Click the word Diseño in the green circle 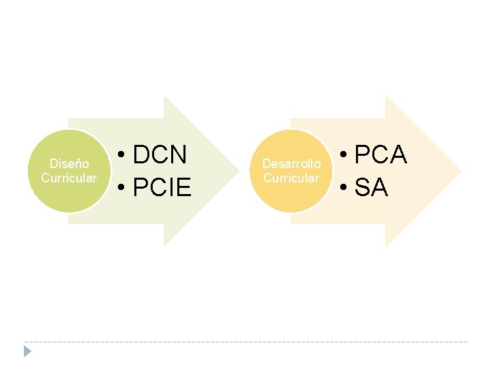click(x=70, y=164)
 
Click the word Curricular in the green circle click(x=69, y=178)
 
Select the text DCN click(x=160, y=155)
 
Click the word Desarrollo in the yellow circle click(x=291, y=164)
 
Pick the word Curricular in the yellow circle click(x=291, y=178)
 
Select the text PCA click(x=381, y=155)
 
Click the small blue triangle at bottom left click(x=27, y=351)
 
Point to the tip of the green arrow click(x=237, y=171)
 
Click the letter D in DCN click(x=142, y=155)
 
